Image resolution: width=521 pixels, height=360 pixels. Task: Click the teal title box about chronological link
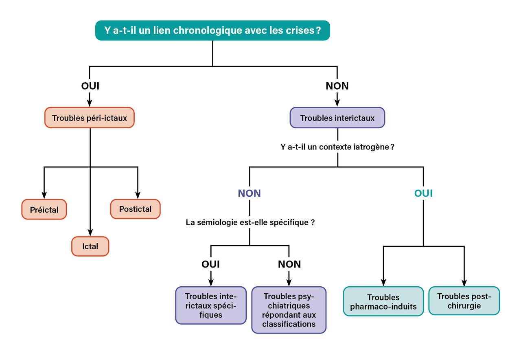pos(212,31)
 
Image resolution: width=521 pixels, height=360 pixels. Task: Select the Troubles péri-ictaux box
pos(89,118)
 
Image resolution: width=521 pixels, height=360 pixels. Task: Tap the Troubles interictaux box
pos(337,118)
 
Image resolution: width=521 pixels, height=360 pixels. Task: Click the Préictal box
pos(44,210)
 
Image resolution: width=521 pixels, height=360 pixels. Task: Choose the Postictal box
pos(135,209)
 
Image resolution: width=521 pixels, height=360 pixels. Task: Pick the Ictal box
pos(90,246)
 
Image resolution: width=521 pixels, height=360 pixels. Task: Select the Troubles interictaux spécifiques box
pos(210,305)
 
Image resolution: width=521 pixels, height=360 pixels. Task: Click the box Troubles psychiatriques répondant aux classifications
pos(289,310)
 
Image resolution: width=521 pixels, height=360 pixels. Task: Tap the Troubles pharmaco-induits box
pos(383,301)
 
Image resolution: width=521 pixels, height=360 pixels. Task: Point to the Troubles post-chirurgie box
pos(464,301)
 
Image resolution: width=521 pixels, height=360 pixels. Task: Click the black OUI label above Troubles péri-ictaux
pos(90,86)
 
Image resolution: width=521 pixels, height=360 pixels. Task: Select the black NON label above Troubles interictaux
pos(337,86)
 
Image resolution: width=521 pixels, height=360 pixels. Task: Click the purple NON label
pos(250,193)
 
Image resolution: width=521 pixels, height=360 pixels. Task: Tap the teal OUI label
pos(423,193)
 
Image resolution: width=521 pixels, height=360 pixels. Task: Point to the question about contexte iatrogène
pos(337,147)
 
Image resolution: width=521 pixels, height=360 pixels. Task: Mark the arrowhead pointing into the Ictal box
pos(90,233)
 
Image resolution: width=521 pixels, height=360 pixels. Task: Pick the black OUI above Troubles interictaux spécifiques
pos(210,264)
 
